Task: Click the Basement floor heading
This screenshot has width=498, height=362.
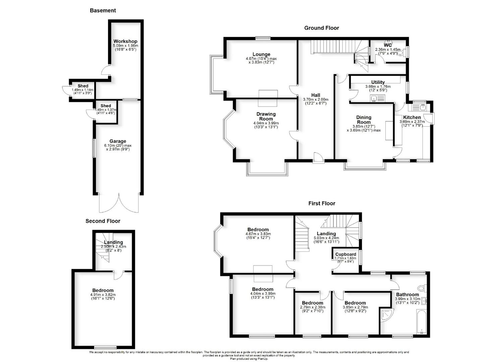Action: click(x=103, y=10)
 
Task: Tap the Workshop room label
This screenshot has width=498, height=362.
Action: click(x=125, y=41)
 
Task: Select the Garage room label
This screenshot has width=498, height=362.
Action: click(x=117, y=141)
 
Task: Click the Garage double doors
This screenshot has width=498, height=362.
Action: click(x=119, y=203)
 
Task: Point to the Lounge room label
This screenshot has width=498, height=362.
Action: click(x=261, y=54)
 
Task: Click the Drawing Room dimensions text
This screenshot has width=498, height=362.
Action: click(x=266, y=125)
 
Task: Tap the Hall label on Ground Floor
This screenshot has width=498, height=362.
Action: click(x=315, y=95)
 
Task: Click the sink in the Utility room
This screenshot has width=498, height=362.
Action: click(x=378, y=99)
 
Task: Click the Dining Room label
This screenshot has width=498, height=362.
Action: click(x=364, y=119)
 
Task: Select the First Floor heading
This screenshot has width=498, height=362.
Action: click(x=322, y=203)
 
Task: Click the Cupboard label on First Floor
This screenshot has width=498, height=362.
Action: click(x=345, y=254)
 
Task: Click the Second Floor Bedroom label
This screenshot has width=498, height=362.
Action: click(x=103, y=290)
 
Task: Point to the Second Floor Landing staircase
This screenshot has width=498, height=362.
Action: click(x=103, y=250)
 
